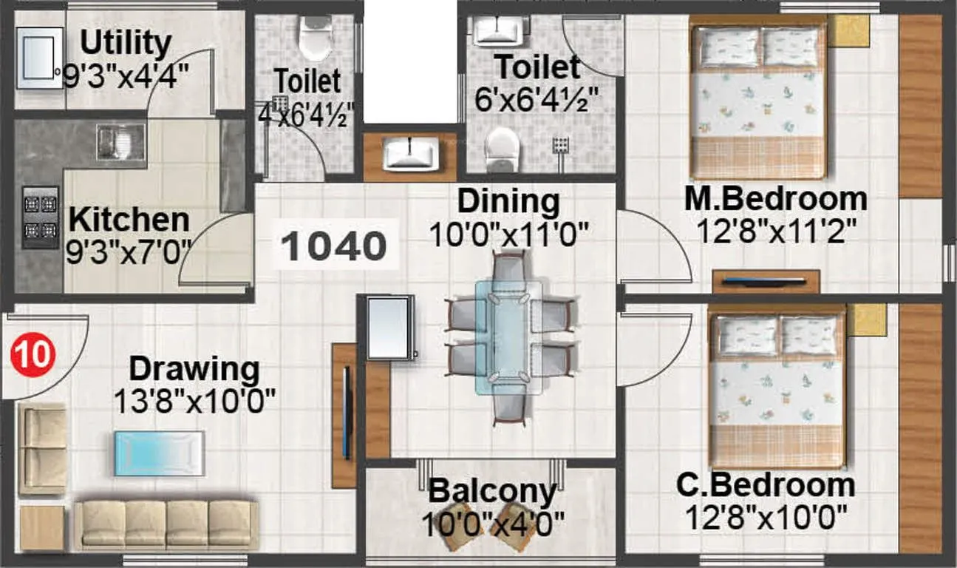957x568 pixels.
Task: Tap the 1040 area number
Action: (x=335, y=246)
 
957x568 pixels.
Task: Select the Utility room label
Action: (x=126, y=44)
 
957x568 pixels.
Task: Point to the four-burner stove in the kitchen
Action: (x=40, y=217)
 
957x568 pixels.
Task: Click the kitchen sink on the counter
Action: (x=120, y=142)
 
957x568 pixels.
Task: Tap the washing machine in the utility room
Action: (x=39, y=58)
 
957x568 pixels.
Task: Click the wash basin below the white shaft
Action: (x=410, y=155)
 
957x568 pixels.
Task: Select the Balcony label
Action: (x=492, y=491)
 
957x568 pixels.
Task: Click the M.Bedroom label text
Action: (x=775, y=199)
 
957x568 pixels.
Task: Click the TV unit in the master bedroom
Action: (x=766, y=281)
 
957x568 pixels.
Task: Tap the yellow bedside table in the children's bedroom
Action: (x=865, y=319)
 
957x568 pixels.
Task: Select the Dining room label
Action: (x=508, y=200)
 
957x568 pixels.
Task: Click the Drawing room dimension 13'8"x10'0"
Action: (x=194, y=402)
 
